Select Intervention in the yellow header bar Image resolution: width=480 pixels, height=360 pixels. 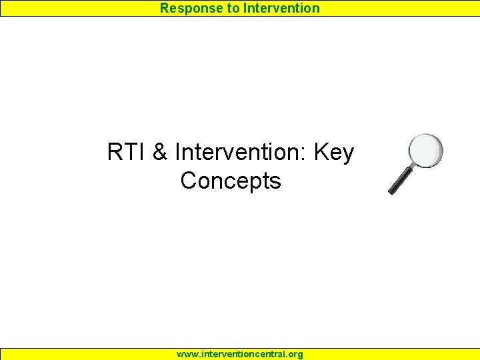(x=281, y=8)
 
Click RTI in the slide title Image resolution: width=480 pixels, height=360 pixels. (x=127, y=153)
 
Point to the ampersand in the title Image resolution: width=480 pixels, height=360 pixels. (x=160, y=153)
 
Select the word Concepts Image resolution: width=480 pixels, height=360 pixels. (x=231, y=181)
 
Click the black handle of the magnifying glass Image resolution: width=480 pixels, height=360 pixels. (x=401, y=181)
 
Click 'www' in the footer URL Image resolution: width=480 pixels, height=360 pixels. (x=186, y=355)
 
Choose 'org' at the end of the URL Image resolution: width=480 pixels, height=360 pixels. (x=295, y=355)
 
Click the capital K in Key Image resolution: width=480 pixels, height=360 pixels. (x=321, y=153)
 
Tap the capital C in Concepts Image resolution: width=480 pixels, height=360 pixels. (x=189, y=181)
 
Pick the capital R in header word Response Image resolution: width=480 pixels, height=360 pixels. (x=164, y=8)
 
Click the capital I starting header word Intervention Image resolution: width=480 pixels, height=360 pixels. (x=245, y=8)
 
